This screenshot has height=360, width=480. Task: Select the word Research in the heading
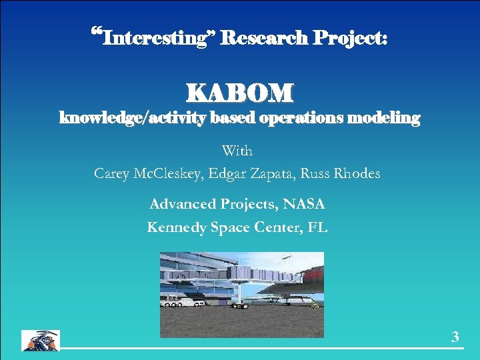(261, 37)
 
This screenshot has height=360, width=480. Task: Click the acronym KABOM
(239, 92)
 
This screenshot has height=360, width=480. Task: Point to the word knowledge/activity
(132, 119)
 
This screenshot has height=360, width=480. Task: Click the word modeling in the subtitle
(385, 119)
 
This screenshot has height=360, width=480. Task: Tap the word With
(237, 151)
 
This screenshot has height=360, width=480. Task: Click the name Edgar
(229, 174)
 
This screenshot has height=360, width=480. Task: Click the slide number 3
(455, 337)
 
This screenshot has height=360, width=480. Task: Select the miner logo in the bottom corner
(40, 340)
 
